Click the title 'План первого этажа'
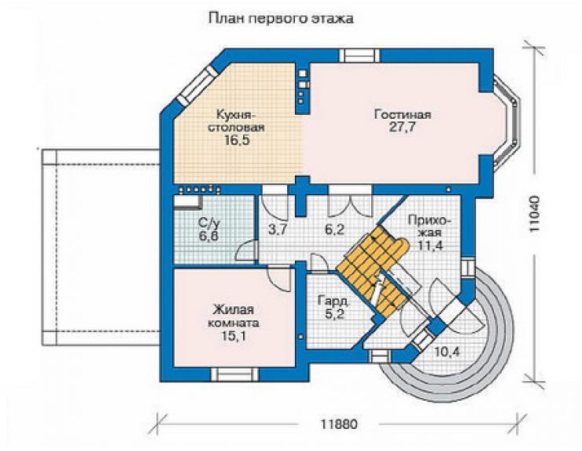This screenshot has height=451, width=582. click(x=281, y=19)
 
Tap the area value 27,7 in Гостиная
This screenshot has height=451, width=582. click(x=403, y=127)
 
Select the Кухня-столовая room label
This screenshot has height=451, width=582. click(x=236, y=120)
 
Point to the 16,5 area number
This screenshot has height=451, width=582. click(x=237, y=140)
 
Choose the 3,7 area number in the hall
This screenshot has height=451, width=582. click(x=277, y=230)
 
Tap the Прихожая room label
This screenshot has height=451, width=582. click(x=430, y=227)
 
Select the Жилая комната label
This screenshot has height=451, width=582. click(x=234, y=316)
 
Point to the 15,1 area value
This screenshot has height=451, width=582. click(x=234, y=336)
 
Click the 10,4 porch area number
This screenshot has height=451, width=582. click(x=447, y=351)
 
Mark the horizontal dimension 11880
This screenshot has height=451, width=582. click(x=338, y=424)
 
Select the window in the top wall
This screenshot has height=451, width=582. click(x=359, y=55)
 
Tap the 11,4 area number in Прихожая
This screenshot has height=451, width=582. click(x=430, y=246)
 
